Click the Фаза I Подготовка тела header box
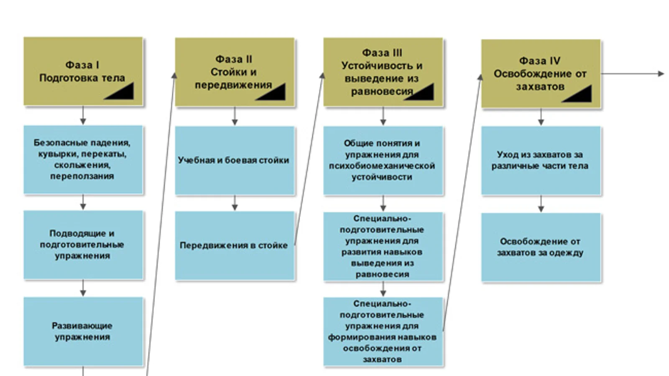coord(83,71)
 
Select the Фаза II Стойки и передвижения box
coord(234,72)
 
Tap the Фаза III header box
coord(382,72)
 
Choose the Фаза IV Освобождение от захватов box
coord(540,74)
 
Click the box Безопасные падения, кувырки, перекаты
coord(83,160)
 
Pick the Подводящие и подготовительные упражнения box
coord(83,245)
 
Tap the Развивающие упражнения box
coord(83,331)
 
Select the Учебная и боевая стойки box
coord(234,160)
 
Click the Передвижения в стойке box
coord(234,246)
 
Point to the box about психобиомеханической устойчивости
coord(382,160)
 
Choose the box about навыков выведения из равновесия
coord(382,246)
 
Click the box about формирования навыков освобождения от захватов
coord(382,331)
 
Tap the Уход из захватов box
coord(540,160)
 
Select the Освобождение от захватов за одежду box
coord(540,247)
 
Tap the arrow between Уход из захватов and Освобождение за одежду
coord(541,204)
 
